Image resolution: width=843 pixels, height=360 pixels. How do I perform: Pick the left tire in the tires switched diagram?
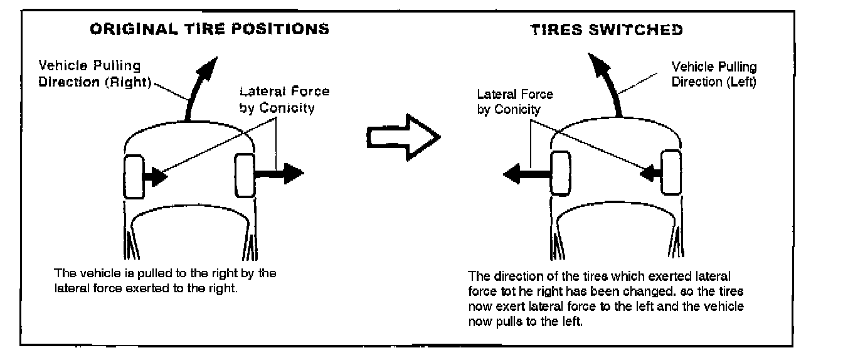(560, 173)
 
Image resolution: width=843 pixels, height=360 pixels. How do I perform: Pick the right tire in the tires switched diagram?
(671, 171)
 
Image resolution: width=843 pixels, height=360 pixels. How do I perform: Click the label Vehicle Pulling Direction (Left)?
(714, 74)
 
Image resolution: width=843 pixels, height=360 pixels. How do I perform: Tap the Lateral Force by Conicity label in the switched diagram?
(515, 102)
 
